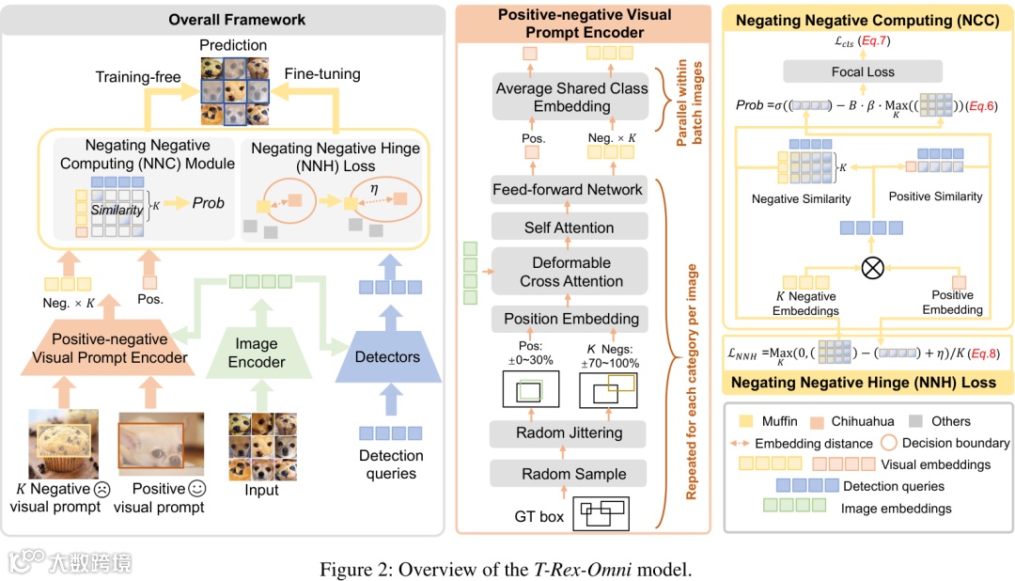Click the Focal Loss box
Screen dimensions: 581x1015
pos(863,71)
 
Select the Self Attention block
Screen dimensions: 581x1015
pos(569,228)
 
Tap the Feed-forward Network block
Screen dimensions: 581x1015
pos(569,190)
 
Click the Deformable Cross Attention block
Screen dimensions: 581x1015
pos(571,272)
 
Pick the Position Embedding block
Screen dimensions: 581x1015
pos(571,319)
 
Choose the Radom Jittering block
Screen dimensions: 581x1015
pos(569,433)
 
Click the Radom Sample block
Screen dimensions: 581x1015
pos(569,475)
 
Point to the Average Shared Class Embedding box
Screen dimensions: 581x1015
pos(571,97)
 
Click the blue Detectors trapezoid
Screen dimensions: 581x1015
pos(387,357)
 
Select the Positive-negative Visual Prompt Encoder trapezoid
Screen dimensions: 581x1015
pos(110,349)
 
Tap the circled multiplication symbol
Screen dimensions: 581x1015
pos(872,267)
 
